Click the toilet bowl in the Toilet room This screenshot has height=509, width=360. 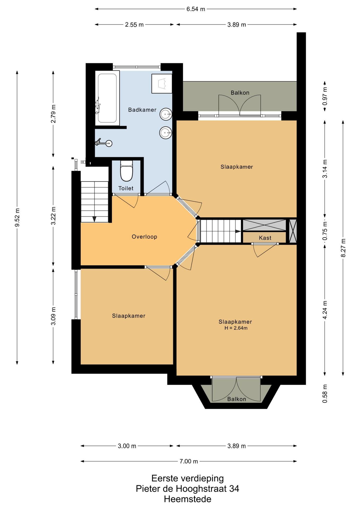126,171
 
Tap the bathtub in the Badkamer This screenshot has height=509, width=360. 107,98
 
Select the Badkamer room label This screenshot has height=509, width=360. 142,110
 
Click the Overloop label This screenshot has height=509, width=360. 144,237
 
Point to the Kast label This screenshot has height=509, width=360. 265,238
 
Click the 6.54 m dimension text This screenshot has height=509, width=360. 196,9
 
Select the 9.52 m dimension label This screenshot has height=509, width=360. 17,218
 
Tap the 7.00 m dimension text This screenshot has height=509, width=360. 189,461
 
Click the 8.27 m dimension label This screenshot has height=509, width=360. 343,248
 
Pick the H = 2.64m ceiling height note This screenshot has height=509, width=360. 236,328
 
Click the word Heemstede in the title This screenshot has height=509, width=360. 187,499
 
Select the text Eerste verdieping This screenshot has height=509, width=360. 187,478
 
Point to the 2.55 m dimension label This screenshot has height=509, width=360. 134,25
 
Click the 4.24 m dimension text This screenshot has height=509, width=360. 325,310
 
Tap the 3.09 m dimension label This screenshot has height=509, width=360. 53,316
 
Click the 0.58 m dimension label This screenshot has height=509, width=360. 325,393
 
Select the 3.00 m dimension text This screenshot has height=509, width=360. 127,446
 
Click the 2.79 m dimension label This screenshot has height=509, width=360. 53,114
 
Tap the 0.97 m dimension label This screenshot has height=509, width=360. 325,96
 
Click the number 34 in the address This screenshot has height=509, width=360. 234,489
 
